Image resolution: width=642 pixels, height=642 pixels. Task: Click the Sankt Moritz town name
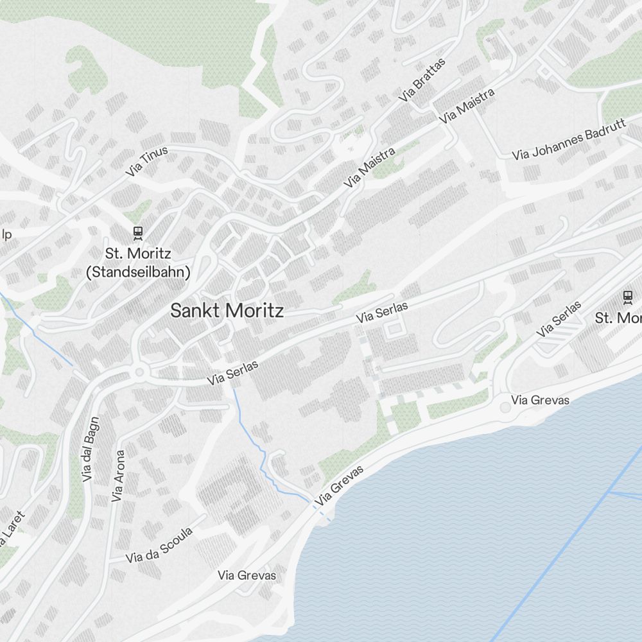227,311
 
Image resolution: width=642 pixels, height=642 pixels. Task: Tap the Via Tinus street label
147,161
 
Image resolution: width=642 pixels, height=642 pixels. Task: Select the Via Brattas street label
422,80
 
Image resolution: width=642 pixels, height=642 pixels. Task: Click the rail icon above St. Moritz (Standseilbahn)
137,232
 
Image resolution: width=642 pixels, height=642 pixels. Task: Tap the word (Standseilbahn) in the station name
139,272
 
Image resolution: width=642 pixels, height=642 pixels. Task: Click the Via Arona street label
118,475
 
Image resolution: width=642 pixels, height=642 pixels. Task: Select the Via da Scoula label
160,545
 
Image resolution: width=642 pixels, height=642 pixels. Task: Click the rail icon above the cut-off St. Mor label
627,297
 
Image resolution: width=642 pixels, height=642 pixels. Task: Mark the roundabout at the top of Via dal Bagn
138,372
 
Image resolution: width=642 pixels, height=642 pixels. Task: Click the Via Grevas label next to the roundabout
541,401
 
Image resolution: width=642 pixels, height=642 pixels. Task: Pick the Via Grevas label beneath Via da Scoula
247,575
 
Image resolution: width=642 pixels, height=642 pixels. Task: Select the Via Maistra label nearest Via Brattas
467,106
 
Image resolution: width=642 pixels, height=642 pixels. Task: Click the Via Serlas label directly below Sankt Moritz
232,373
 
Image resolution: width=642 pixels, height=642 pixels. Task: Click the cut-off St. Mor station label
618,318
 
